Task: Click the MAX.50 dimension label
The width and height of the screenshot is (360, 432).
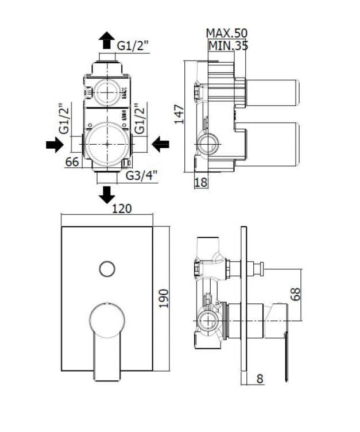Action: tap(227, 33)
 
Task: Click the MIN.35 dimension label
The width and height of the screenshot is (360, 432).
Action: tap(229, 45)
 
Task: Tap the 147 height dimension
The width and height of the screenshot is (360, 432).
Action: tap(180, 114)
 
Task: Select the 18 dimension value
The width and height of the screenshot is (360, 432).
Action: tap(201, 182)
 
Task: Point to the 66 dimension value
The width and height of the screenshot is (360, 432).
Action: tap(72, 162)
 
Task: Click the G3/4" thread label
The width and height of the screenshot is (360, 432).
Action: tap(142, 176)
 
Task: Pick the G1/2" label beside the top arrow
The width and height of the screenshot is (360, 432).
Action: tap(133, 45)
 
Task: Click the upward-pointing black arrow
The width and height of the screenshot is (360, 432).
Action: tap(107, 40)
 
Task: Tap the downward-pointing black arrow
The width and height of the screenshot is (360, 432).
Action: tap(107, 195)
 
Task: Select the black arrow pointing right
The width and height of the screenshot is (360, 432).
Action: tap(55, 144)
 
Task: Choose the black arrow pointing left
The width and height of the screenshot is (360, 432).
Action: tap(160, 144)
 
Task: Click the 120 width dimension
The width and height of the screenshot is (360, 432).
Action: tap(122, 209)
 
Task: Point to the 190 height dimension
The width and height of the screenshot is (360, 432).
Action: tap(164, 299)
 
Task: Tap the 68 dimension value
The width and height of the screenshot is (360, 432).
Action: tap(296, 294)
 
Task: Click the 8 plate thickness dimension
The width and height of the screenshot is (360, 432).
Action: tap(260, 379)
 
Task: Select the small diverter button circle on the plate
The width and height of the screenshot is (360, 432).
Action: tap(107, 269)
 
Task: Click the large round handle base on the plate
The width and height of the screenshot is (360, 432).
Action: tap(107, 321)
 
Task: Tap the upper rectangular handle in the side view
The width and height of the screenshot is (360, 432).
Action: tap(273, 92)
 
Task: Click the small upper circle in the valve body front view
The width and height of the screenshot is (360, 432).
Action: tap(107, 92)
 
